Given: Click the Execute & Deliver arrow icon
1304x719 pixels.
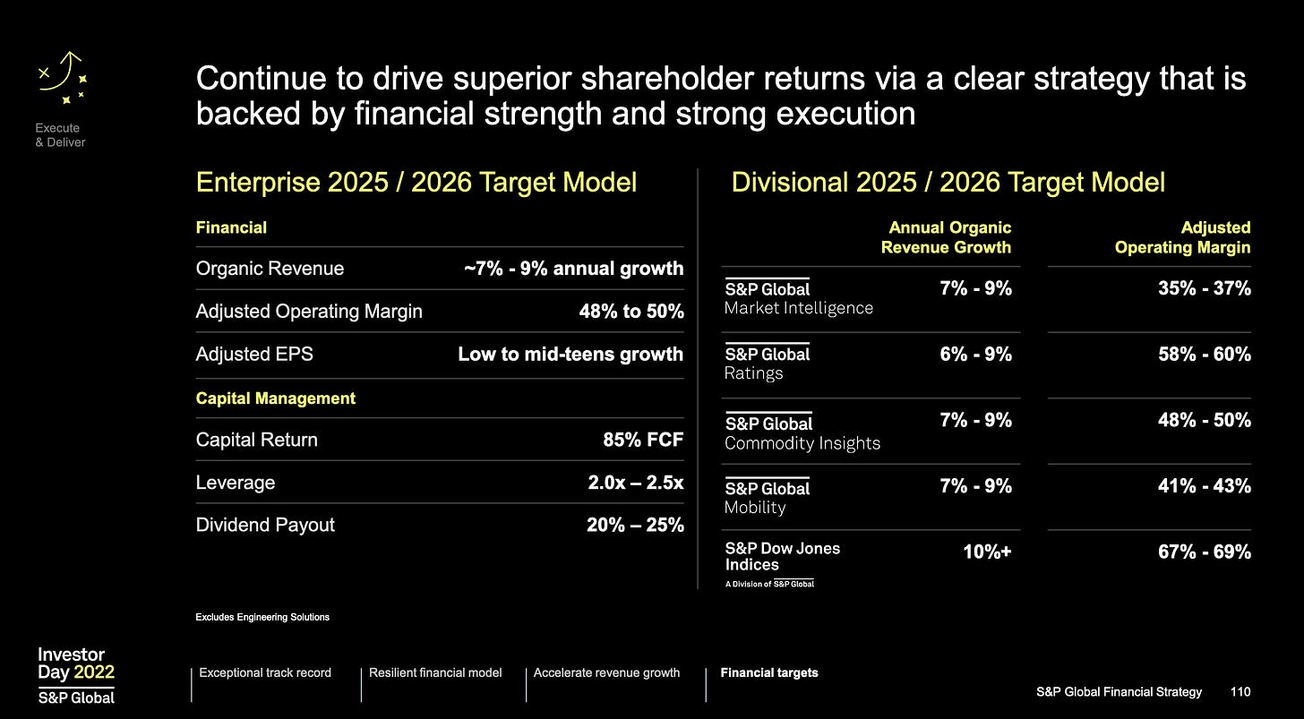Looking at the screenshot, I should (62, 77).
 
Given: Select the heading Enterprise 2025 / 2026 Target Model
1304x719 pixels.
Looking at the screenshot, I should (416, 183).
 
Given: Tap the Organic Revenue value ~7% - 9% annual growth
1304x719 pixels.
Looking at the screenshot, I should (572, 269).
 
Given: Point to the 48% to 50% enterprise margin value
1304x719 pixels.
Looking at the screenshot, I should (631, 312).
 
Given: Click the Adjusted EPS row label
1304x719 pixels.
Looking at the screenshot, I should (254, 354).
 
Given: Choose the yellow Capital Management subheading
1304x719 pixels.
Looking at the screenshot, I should (275, 398).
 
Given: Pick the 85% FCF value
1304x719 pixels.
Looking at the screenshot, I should (643, 440).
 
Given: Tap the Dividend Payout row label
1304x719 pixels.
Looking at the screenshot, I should (265, 525).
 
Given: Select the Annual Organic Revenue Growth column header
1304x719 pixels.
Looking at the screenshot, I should (948, 237).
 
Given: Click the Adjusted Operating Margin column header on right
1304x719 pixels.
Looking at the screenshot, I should (1182, 237).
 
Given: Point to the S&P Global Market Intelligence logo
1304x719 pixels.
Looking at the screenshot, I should (798, 297).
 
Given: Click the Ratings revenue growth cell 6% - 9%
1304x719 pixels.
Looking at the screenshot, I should (975, 355).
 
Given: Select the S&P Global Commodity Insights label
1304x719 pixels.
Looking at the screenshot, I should (802, 433).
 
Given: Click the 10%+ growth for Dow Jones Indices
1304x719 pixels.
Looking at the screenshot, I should (986, 552).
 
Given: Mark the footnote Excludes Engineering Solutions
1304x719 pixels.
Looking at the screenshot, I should (262, 617).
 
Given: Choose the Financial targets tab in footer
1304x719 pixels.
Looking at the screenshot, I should (768, 672).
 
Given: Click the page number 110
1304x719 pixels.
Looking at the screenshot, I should (1240, 692).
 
